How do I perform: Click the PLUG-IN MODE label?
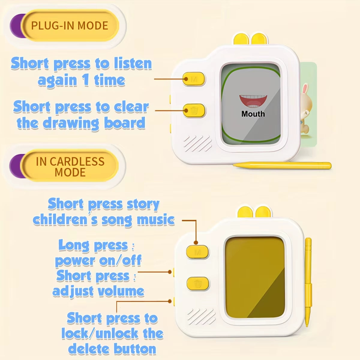(x=70, y=25)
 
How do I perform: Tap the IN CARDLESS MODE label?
(x=70, y=166)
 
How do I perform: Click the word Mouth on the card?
(x=253, y=114)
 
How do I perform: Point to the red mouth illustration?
(x=253, y=101)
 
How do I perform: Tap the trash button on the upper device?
(x=194, y=111)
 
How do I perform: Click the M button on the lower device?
(x=197, y=252)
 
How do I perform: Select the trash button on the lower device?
(x=198, y=283)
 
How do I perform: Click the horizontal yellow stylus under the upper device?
(x=282, y=166)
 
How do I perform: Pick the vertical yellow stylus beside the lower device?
(x=308, y=282)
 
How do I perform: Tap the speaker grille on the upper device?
(x=197, y=143)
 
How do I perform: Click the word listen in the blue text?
(x=133, y=63)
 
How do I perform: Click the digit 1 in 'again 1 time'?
(x=86, y=80)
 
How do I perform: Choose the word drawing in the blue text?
(x=71, y=123)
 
